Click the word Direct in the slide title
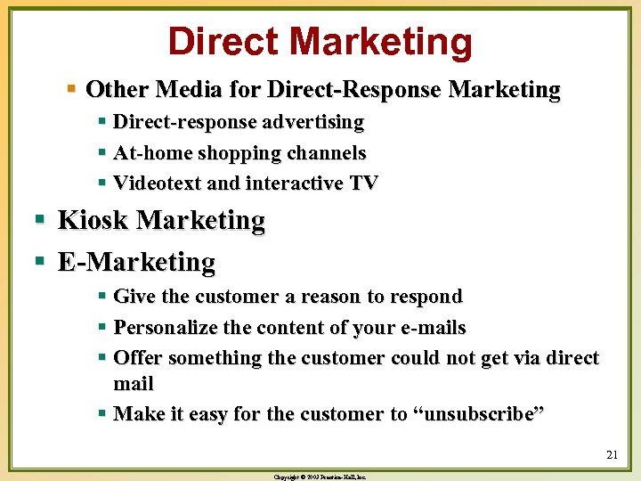coord(223,42)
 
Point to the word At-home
coord(155,152)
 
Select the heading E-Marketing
coord(136,262)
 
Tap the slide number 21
coord(611,455)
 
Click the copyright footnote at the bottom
coord(321,477)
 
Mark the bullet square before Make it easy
coord(104,414)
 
